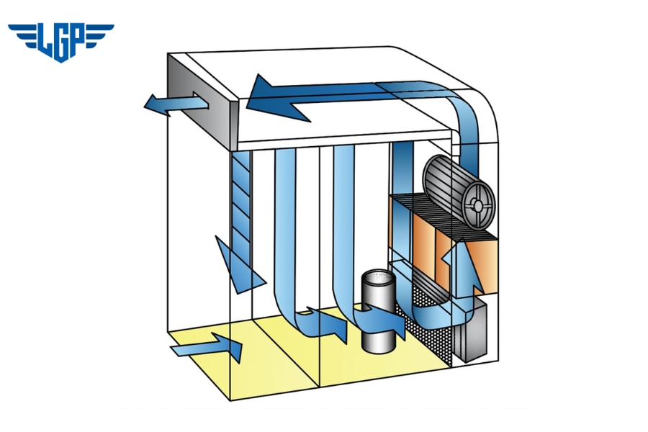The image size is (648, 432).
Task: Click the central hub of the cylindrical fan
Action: pos(477,205)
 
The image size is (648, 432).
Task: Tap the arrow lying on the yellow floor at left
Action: pos(209,348)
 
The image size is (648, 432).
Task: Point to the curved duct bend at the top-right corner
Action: pos(464,108)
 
